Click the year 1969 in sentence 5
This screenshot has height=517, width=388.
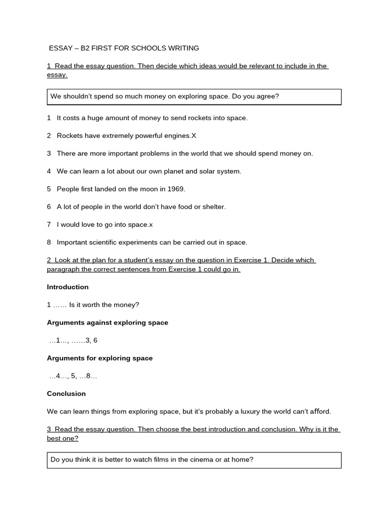point(176,189)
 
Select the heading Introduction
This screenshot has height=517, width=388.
point(68,287)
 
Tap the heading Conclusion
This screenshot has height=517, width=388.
point(66,393)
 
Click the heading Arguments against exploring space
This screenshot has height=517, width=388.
point(108,323)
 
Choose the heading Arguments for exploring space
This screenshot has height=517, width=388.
point(100,358)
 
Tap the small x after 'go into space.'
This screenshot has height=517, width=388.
point(151,225)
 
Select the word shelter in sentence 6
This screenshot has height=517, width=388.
point(214,206)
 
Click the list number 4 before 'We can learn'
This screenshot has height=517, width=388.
point(49,171)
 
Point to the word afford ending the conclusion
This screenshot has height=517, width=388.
point(319,411)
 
